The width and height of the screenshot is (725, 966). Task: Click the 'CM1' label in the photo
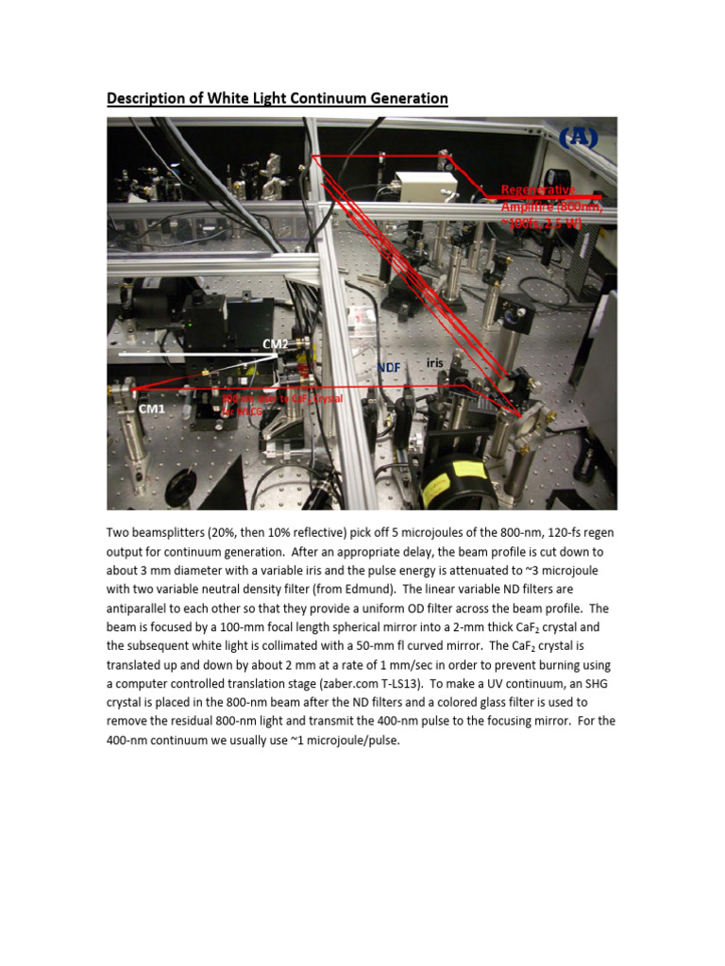click(x=151, y=409)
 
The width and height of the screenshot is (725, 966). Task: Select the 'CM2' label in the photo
click(x=276, y=344)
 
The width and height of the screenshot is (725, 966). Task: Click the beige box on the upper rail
click(x=418, y=192)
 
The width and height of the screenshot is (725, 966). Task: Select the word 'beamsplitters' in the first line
click(x=172, y=533)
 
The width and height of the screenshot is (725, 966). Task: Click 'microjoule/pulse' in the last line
click(x=352, y=741)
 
